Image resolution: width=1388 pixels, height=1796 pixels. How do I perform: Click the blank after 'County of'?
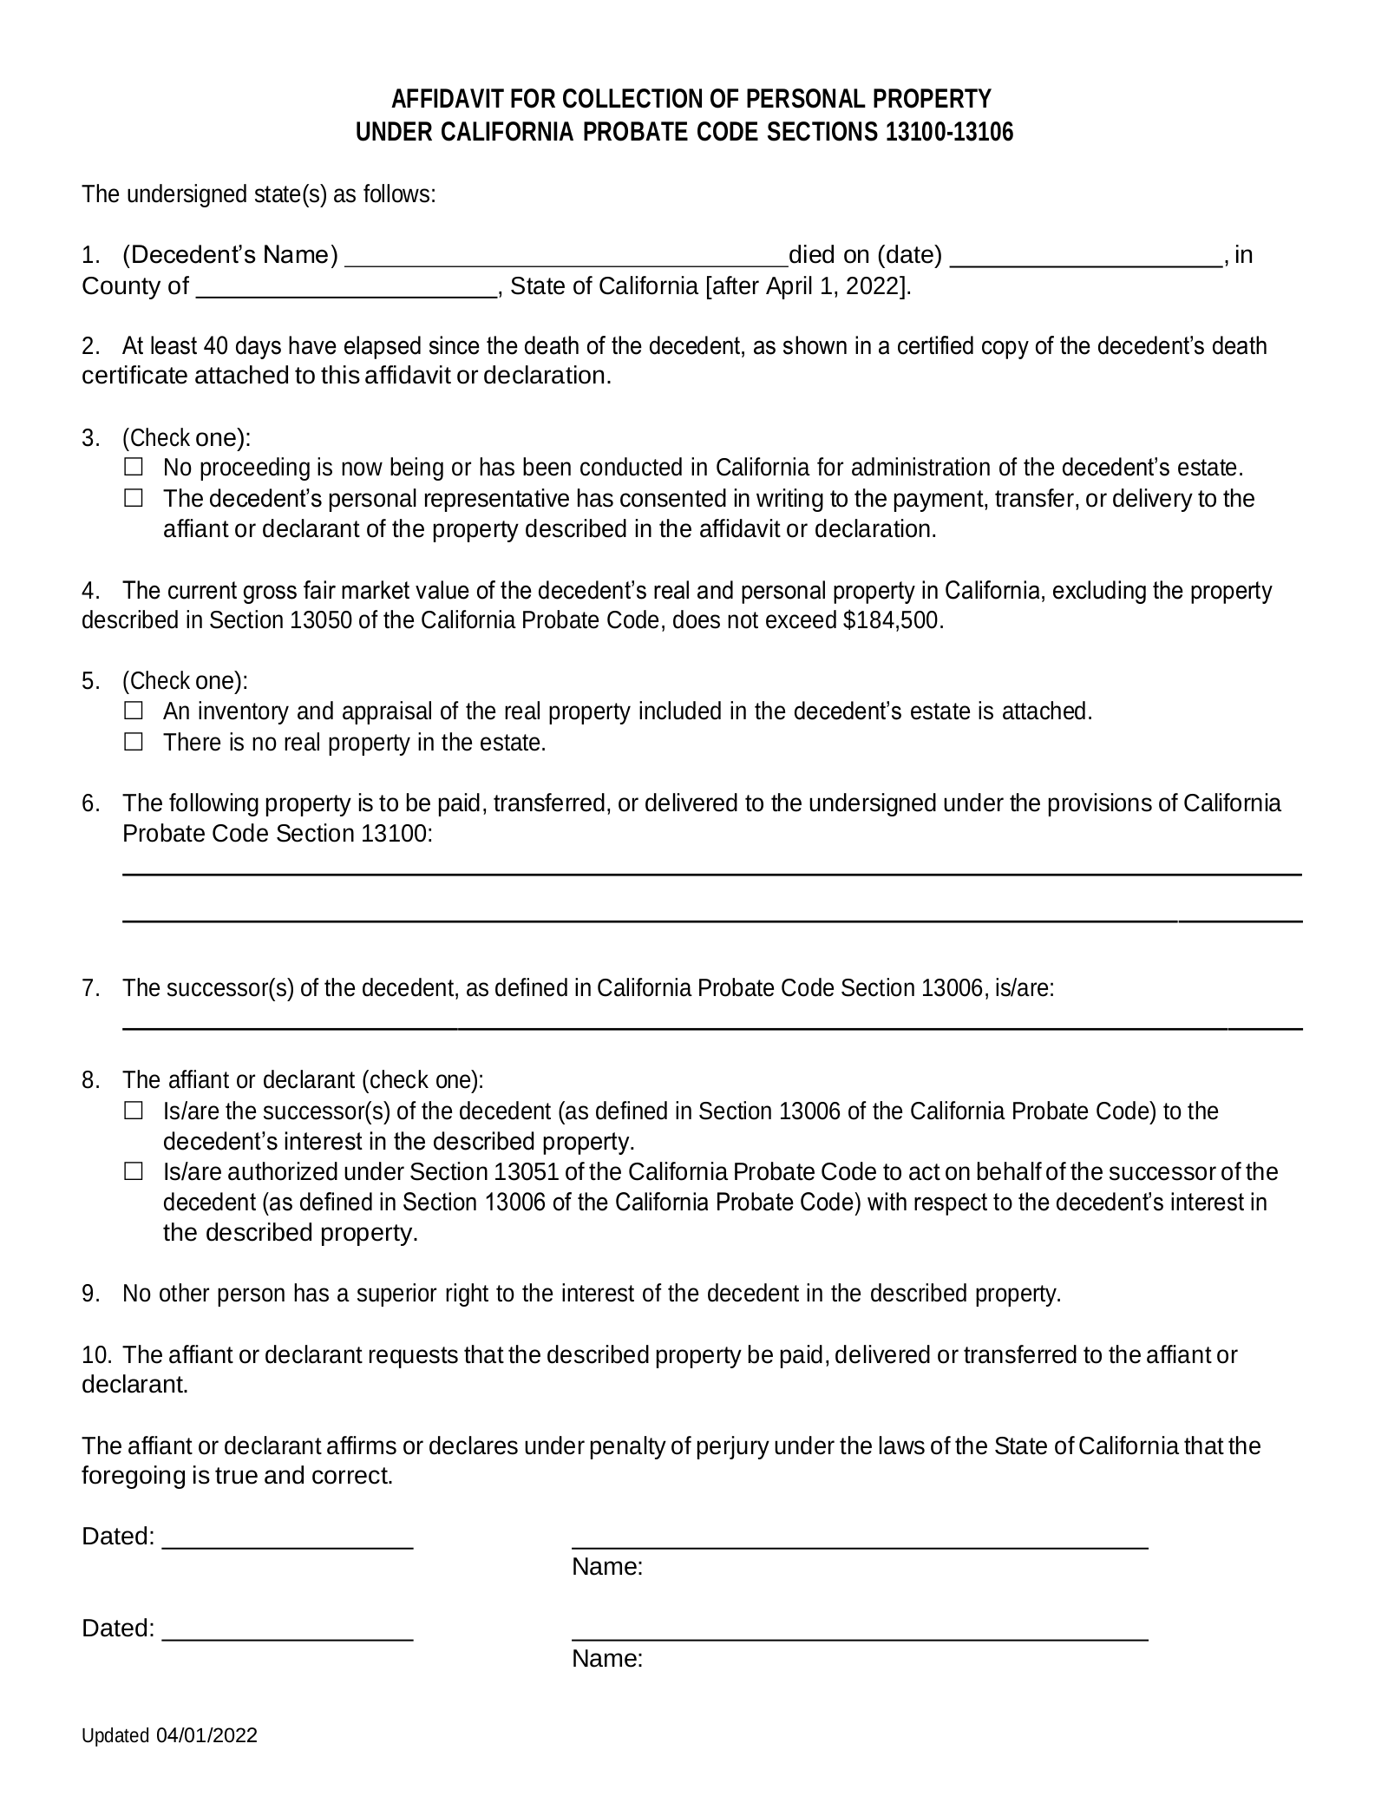347,289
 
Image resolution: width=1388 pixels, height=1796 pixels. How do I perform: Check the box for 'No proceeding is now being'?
133,468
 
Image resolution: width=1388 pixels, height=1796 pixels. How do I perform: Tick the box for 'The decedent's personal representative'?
133,499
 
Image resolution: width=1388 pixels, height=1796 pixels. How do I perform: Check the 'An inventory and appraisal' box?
133,711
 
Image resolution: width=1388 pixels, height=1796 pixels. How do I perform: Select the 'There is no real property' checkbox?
133,743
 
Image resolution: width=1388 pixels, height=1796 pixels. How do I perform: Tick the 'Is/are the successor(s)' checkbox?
133,1111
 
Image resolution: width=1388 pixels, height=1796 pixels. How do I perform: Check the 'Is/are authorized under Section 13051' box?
133,1172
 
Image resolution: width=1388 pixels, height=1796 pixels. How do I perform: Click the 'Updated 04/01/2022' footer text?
169,1760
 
